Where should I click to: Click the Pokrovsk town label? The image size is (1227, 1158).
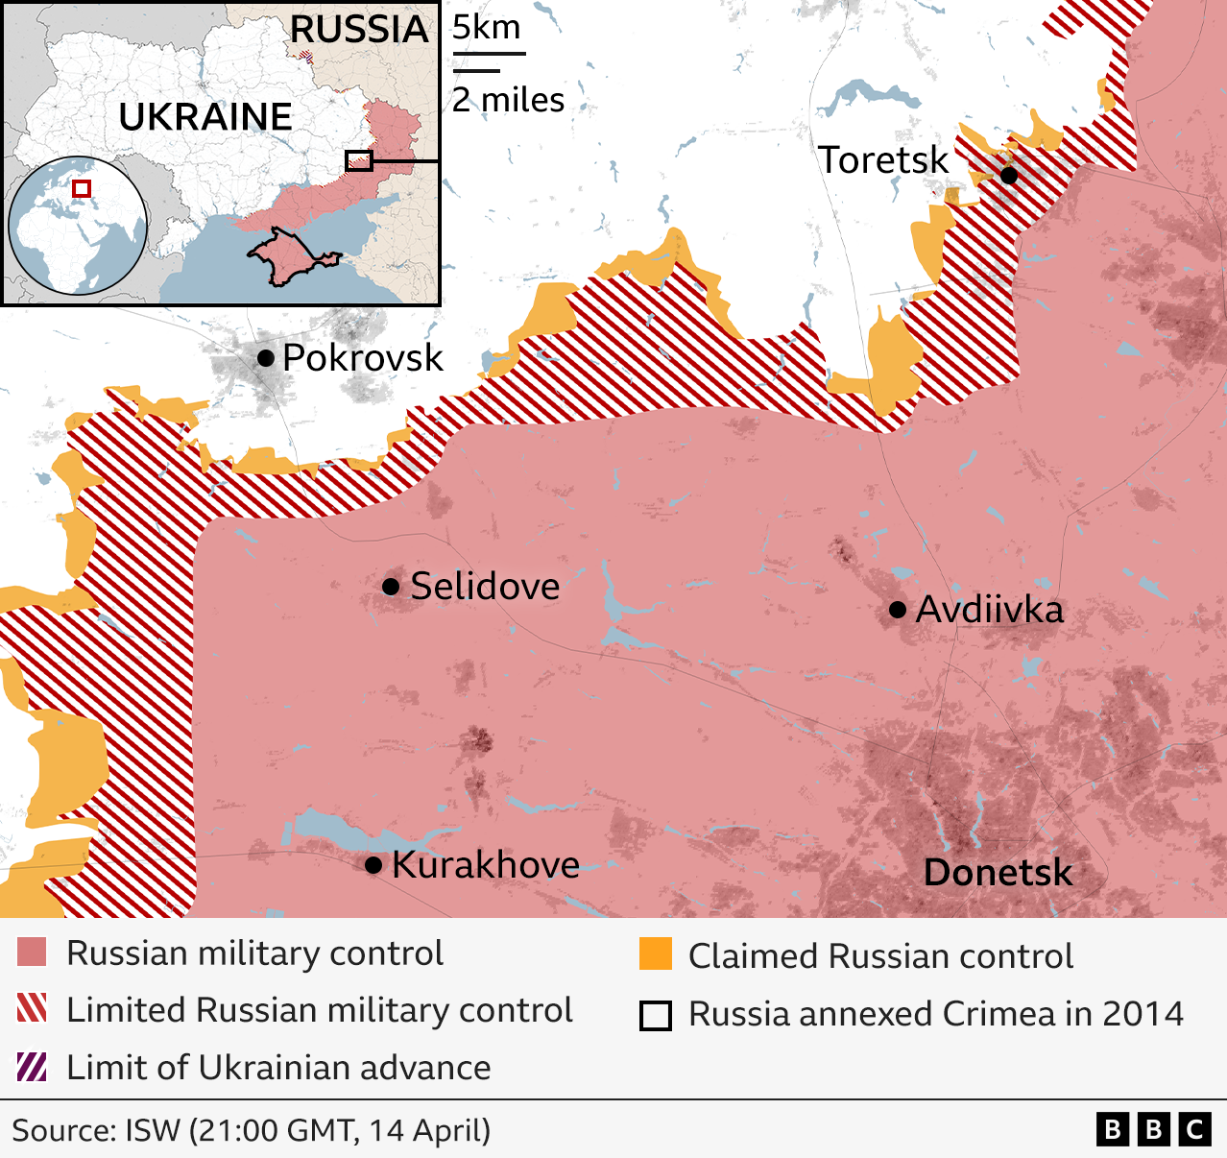point(362,358)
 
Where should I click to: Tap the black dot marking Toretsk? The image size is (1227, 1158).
point(1008,175)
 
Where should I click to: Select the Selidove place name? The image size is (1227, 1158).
point(485,586)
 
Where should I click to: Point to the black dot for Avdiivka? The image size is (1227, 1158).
point(898,610)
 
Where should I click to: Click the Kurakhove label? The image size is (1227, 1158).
point(485,865)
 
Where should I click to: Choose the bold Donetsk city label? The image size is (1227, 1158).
point(998,873)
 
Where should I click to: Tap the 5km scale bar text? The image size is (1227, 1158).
point(486,28)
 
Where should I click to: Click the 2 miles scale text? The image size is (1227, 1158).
point(508,100)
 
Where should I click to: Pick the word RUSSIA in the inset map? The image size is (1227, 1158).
point(359,30)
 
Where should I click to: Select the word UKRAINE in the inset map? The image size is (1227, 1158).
point(205,117)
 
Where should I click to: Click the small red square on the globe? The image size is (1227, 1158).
point(82,188)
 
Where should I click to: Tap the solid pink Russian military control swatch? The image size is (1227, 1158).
point(32,953)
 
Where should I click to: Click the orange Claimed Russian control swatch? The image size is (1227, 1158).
point(655,954)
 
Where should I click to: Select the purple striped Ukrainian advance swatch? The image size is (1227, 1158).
point(32,1067)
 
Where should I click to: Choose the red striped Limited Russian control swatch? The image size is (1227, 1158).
point(32,1009)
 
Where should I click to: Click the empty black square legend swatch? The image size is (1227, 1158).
point(655,1015)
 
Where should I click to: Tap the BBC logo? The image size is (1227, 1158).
point(1153,1129)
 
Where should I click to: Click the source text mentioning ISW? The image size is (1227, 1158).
point(251,1130)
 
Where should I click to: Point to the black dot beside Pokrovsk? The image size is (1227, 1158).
point(265,358)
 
